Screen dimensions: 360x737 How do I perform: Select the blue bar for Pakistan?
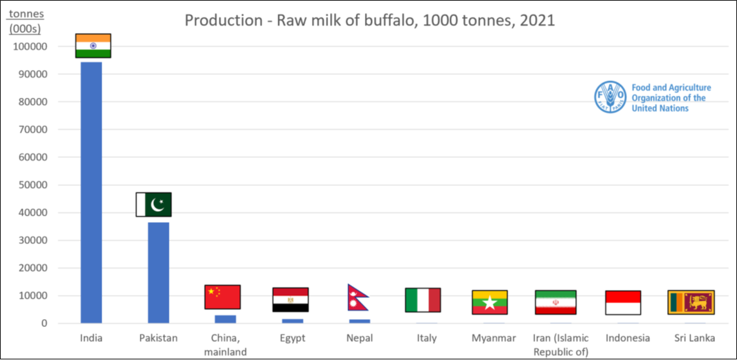(x=159, y=272)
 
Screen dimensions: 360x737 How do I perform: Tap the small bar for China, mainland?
(x=225, y=319)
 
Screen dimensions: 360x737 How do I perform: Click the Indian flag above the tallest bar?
(x=93, y=46)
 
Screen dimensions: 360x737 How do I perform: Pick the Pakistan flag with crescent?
(x=153, y=205)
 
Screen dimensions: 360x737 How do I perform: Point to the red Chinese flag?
(x=223, y=297)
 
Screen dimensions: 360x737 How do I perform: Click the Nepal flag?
(x=357, y=298)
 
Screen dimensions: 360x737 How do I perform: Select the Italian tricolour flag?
(x=423, y=300)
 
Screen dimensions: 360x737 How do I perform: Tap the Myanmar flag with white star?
(x=490, y=302)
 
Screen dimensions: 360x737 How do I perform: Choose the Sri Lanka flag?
(x=690, y=302)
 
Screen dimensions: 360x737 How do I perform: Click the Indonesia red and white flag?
(x=623, y=302)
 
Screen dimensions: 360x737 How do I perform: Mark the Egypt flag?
(x=290, y=300)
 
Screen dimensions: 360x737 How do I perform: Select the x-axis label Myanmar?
(x=494, y=338)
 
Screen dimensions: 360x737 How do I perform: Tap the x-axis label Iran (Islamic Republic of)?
(x=561, y=344)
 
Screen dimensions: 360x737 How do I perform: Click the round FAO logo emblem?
(x=610, y=98)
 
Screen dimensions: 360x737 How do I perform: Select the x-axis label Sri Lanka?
(x=690, y=338)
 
